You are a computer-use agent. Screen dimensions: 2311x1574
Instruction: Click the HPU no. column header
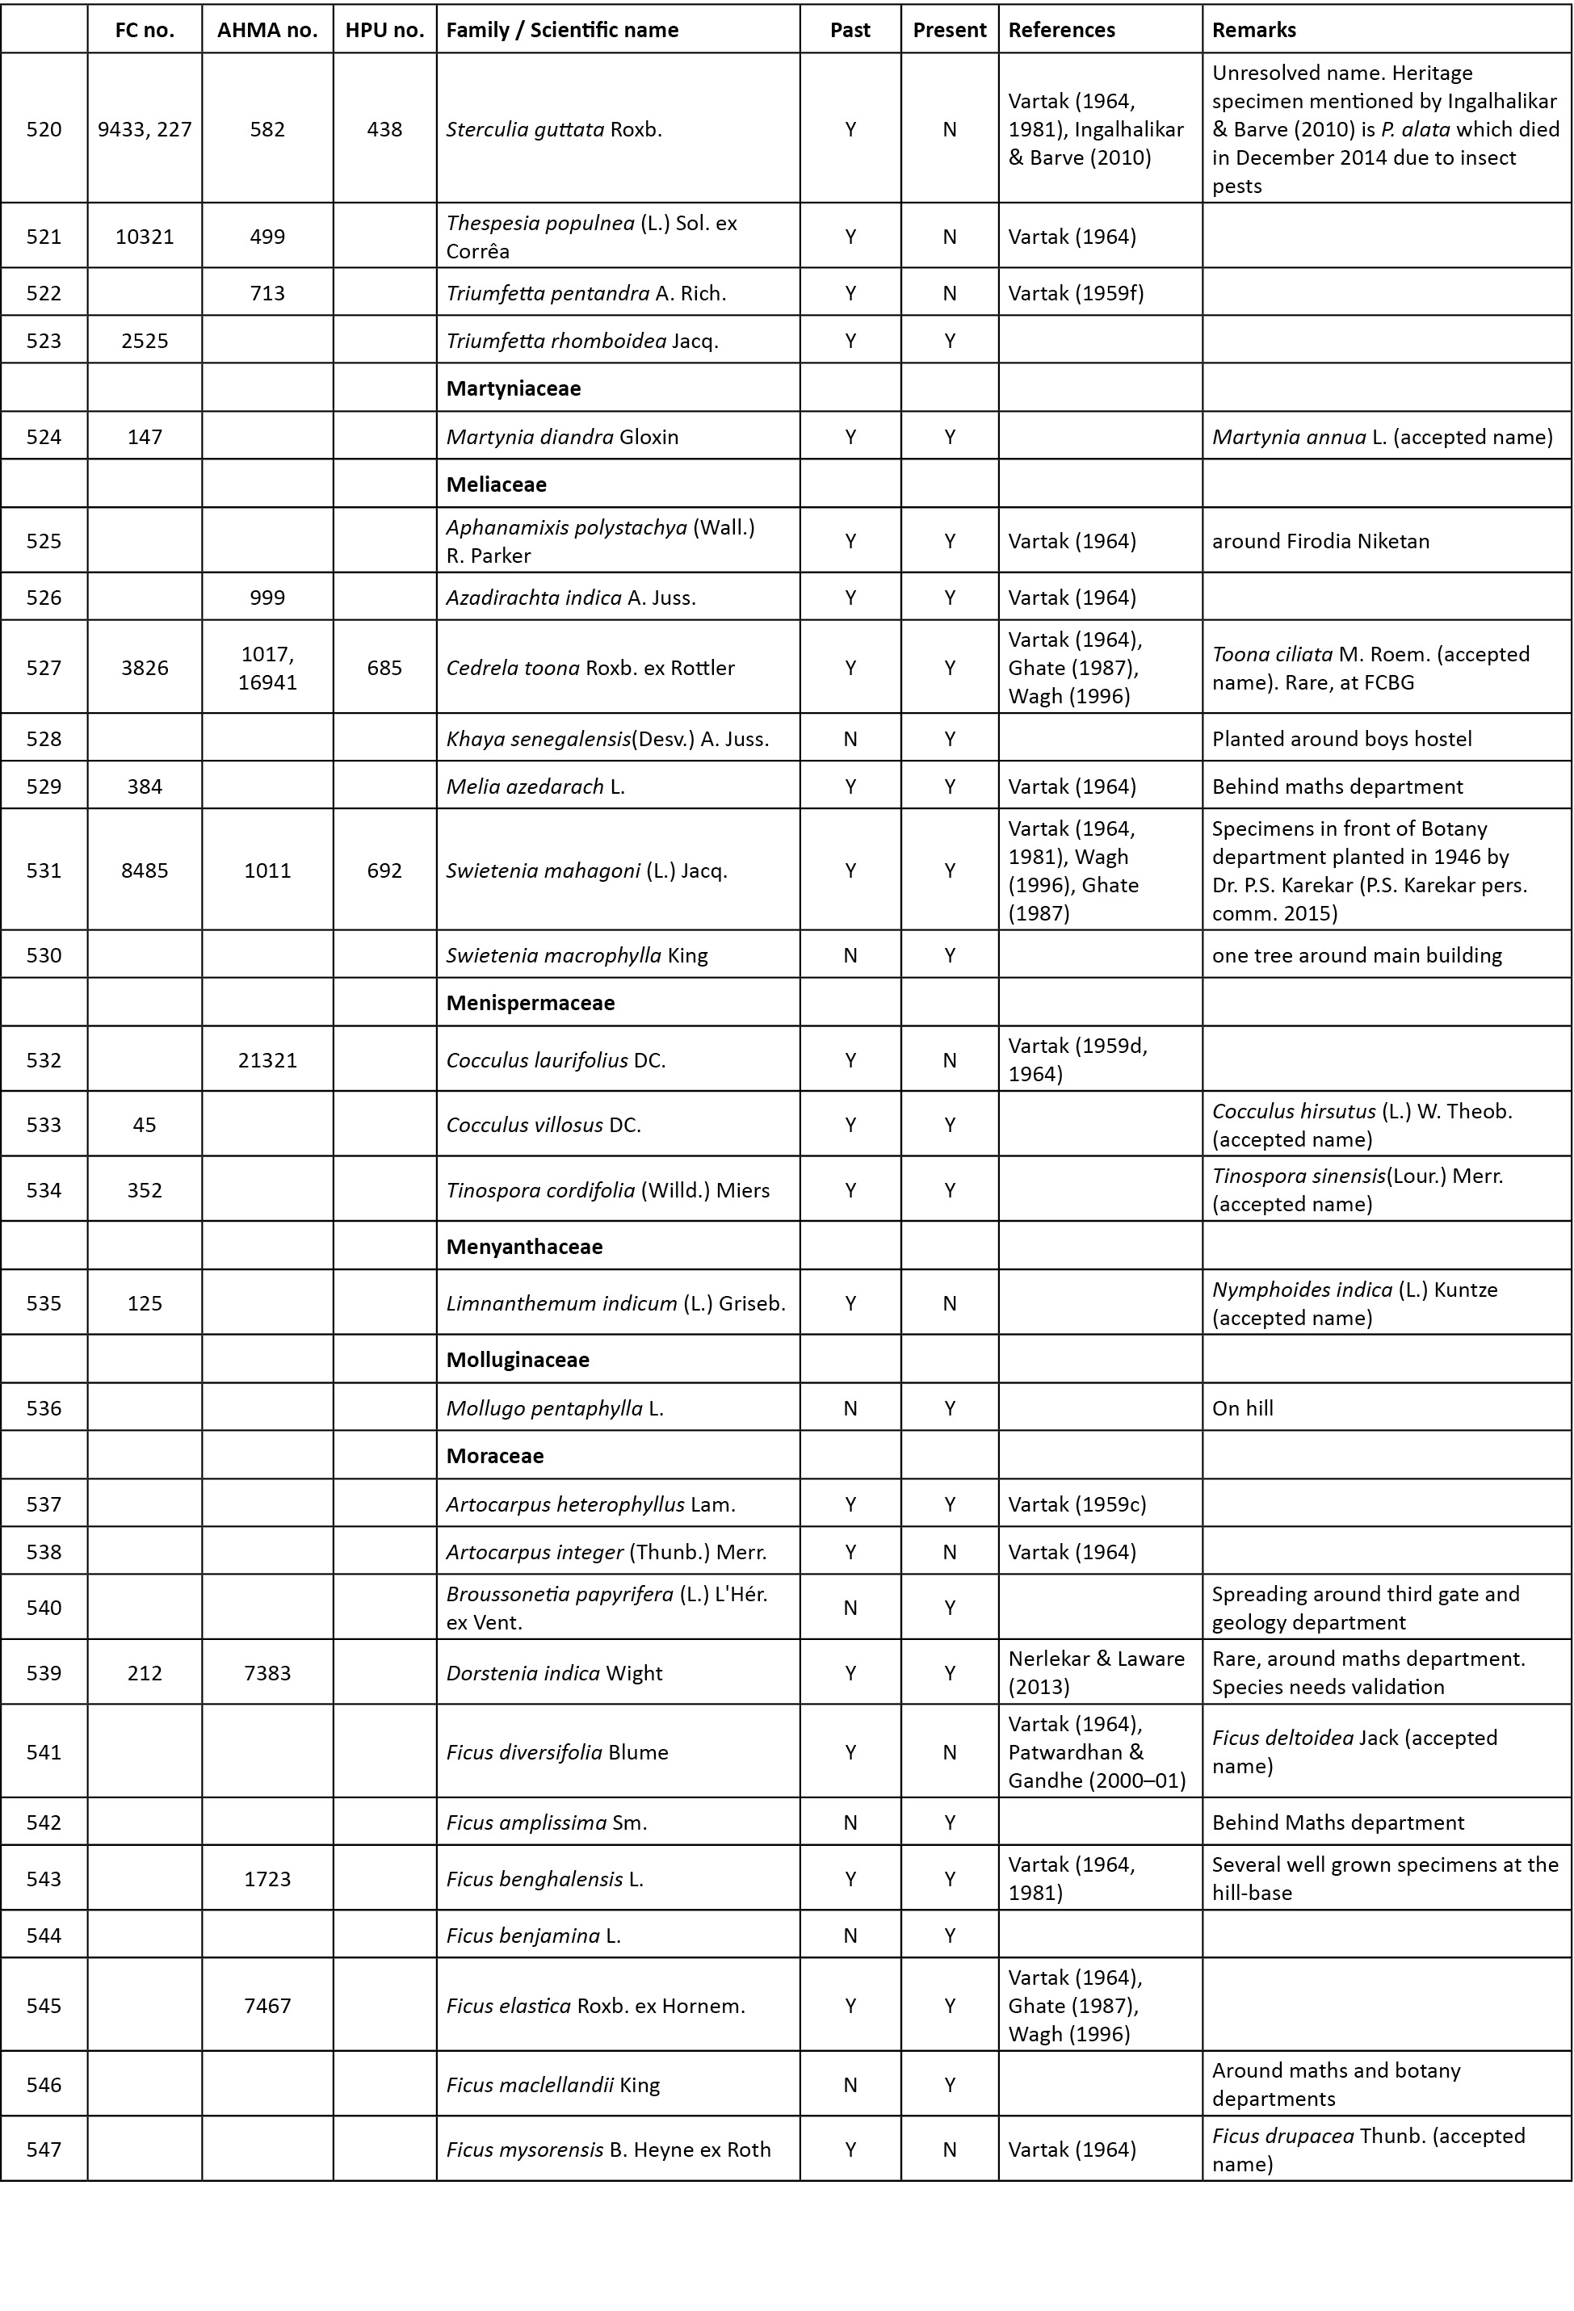tap(384, 30)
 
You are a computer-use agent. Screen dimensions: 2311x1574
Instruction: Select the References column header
tap(1061, 30)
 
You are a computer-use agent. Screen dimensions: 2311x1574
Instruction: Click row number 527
tap(44, 667)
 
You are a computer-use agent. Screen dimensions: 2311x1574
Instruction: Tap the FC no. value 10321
tap(145, 237)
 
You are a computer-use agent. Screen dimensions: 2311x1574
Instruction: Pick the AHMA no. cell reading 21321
tap(267, 1060)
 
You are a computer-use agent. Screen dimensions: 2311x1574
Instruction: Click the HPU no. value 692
tap(384, 870)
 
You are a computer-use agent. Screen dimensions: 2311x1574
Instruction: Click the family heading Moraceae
tap(494, 1456)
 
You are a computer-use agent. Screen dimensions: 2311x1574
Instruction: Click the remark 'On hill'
tap(1242, 1408)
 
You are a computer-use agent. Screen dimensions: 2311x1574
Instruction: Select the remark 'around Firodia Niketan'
tap(1320, 541)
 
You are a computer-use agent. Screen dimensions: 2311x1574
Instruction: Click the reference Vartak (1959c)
tap(1077, 1504)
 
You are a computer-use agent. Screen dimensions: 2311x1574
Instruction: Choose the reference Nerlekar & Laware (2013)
tap(1096, 1672)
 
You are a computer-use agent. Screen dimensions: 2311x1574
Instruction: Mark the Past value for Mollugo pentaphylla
tap(850, 1408)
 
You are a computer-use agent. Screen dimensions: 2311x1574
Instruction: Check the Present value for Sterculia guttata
tap(950, 129)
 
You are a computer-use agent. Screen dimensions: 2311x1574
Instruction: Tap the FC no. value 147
tap(145, 437)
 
